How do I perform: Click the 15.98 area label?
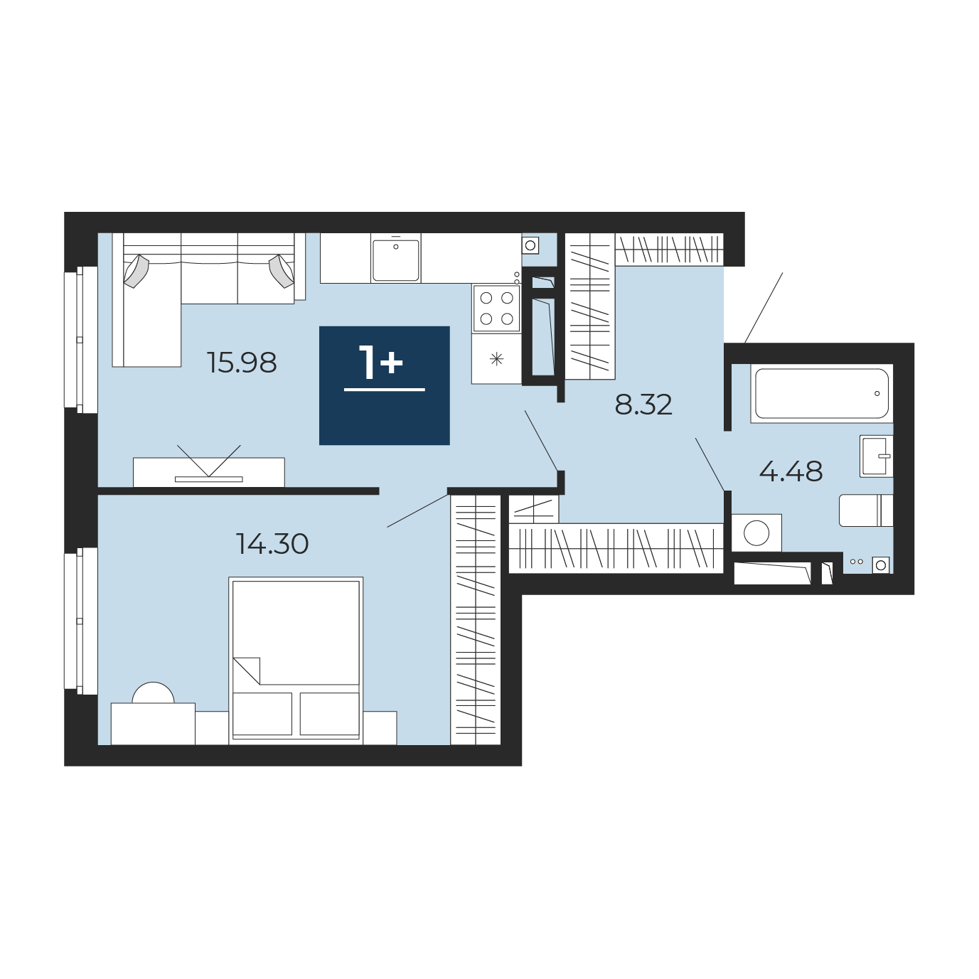tap(242, 363)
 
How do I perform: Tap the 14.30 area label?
tap(272, 544)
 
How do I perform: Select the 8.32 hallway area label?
tap(643, 405)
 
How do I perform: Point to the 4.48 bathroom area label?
tap(791, 471)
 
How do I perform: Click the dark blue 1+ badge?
tap(385, 385)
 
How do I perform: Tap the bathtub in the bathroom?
tap(821, 393)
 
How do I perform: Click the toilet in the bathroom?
tap(866, 510)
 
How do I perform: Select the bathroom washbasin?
tap(876, 456)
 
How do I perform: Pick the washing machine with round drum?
tap(756, 533)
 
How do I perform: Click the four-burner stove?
tap(496, 309)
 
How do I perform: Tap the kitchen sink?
tap(396, 260)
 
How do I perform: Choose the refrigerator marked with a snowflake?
tap(496, 358)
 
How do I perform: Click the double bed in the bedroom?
tap(296, 660)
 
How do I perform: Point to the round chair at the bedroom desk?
tap(153, 693)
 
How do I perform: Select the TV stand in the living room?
tap(209, 472)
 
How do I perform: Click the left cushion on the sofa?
tap(137, 271)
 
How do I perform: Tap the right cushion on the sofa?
tap(282, 271)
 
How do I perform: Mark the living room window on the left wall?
tap(81, 339)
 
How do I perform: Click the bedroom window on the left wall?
tap(81, 621)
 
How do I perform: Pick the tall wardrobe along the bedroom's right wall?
tap(476, 620)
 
